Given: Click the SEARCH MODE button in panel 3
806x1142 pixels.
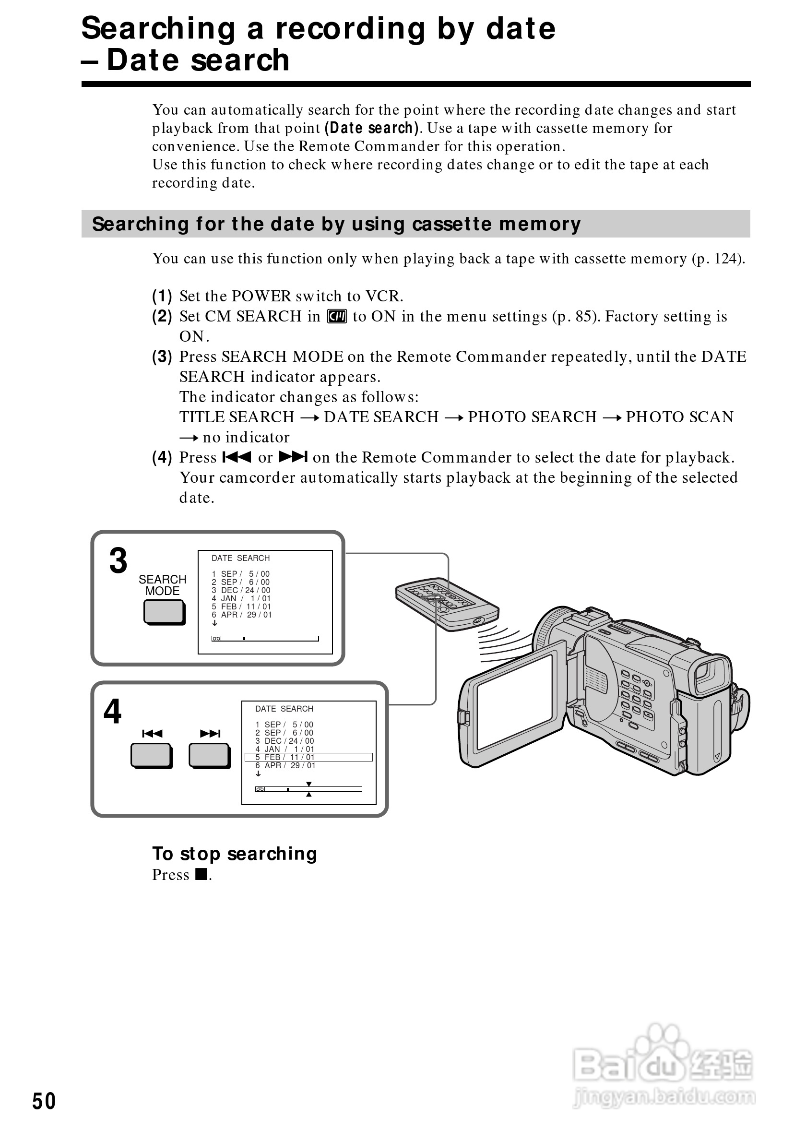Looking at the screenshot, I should click(164, 612).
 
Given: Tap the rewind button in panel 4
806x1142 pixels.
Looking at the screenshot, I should click(151, 756).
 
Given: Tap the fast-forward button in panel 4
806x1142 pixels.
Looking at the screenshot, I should click(209, 756).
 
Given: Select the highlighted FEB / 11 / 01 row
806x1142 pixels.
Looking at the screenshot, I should click(308, 757).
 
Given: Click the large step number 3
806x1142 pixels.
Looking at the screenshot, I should click(119, 561).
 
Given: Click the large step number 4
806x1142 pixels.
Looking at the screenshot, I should click(112, 712).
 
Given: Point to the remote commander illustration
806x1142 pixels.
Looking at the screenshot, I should click(447, 604).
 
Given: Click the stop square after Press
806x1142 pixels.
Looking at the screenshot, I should click(201, 874).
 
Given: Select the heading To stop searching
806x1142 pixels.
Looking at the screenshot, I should click(234, 854).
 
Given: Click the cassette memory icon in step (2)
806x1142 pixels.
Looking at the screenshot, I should click(337, 316).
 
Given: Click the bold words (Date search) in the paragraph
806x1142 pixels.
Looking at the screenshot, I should click(371, 128).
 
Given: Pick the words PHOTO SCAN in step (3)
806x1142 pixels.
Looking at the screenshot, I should click(679, 417).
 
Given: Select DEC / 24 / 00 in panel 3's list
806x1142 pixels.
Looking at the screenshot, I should click(246, 590).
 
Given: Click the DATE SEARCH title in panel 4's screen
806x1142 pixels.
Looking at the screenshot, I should click(284, 709).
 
